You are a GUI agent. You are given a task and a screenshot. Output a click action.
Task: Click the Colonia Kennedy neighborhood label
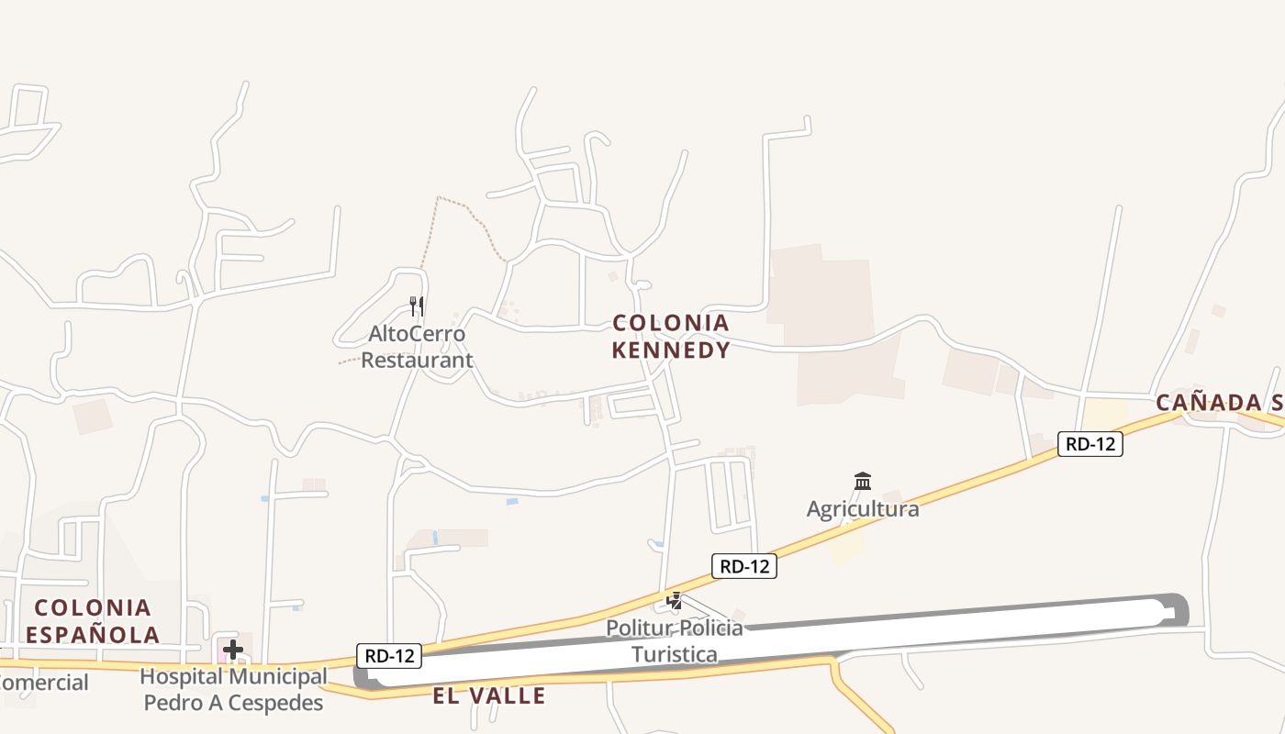point(671,336)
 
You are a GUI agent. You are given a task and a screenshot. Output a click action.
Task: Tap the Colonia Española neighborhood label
point(92,620)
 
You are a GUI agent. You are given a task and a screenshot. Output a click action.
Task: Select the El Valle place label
point(489,695)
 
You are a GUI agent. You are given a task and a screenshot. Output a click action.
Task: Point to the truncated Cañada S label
point(1219,402)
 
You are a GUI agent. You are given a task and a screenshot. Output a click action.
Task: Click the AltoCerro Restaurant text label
point(417,347)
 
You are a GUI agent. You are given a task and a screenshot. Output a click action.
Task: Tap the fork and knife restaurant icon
point(417,306)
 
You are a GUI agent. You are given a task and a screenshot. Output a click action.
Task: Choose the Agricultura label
point(863,508)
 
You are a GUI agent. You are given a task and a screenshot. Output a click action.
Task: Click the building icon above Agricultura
point(863,481)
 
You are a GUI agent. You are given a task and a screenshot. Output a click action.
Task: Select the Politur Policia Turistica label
point(675,640)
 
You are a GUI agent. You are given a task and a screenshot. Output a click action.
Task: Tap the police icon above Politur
point(675,601)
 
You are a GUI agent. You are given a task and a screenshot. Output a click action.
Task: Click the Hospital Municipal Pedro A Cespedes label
point(233,690)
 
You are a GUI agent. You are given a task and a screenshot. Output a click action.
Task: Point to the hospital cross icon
point(233,651)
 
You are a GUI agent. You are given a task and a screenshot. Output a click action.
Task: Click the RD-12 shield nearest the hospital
point(389,655)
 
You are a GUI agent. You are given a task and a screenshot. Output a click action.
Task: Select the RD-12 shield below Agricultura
point(744,566)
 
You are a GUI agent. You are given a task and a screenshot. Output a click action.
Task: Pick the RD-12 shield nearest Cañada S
point(1090,444)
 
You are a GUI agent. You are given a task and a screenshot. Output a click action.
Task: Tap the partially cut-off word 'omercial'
point(44,683)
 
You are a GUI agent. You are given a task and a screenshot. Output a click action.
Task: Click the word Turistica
point(675,654)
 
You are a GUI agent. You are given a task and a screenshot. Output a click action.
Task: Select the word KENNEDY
point(671,350)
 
